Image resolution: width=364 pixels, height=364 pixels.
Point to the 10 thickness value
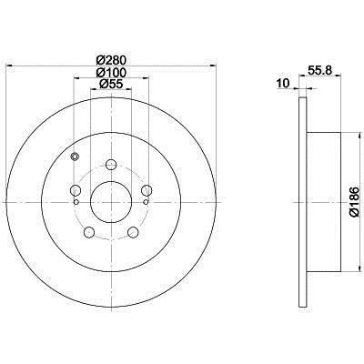(x=282, y=83)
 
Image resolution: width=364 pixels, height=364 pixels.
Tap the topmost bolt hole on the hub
(x=111, y=166)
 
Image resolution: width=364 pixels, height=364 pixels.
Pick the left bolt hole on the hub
(x=76, y=191)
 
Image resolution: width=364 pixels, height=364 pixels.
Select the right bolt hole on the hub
(x=146, y=191)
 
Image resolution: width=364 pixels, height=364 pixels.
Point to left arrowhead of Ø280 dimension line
(x=9, y=65)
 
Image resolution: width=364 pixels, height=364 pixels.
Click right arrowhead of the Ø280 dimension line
(x=214, y=65)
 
